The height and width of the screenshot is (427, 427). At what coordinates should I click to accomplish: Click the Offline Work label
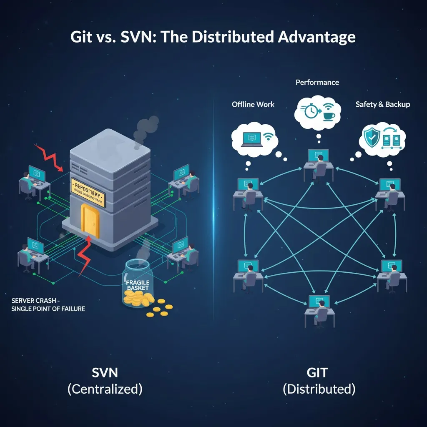(253, 104)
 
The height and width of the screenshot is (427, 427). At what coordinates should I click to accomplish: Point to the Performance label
(317, 82)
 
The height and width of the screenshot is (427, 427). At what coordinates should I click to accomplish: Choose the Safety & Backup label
(382, 104)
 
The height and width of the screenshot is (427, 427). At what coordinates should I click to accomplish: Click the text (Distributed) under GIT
(319, 389)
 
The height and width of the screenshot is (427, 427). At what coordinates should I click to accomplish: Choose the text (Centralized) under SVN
(105, 389)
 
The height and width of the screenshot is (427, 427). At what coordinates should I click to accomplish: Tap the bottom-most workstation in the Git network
(319, 310)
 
